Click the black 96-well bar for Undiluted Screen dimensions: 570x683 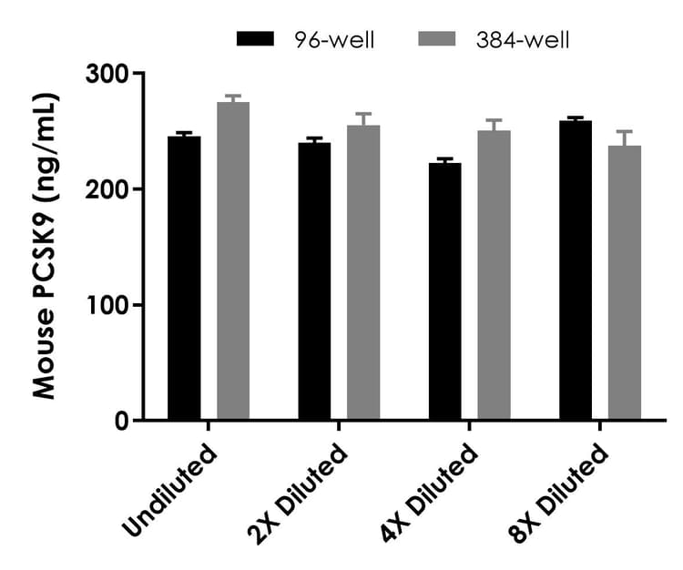point(184,278)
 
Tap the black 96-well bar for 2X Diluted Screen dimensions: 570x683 point(314,281)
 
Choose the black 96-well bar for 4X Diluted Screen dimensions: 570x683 point(444,291)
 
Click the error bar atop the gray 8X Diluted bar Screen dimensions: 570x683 point(625,137)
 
